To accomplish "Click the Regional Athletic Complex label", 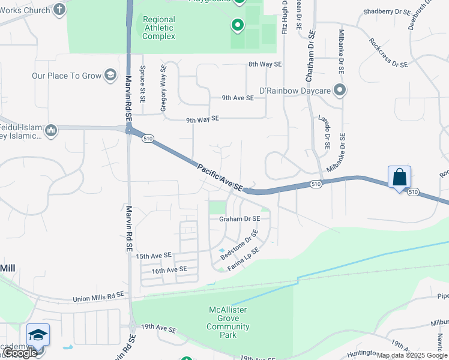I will click(159, 28).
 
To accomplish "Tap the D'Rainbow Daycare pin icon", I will click(340, 91).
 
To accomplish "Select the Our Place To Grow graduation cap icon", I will click(110, 75).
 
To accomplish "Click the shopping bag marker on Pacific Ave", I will click(399, 177).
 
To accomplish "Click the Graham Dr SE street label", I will click(240, 219).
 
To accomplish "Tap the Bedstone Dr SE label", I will click(239, 245).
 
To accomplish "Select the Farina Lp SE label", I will click(244, 258).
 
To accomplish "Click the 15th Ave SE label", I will click(154, 256).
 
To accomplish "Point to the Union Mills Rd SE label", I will click(98, 296).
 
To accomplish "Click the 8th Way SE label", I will click(265, 64).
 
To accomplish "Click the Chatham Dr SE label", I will click(310, 57).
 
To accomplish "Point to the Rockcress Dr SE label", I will click(388, 53).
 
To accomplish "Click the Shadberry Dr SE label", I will click(386, 12).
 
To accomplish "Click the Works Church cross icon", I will click(59, 9).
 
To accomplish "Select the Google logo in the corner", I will click(20, 353).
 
